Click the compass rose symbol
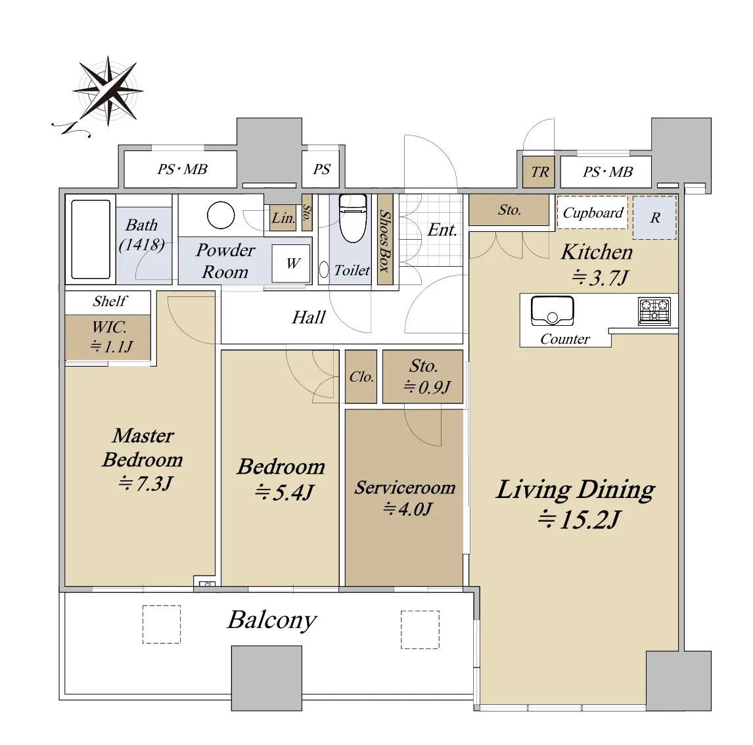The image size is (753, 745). click(108, 91)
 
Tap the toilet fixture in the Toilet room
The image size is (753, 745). click(353, 217)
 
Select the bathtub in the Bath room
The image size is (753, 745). click(91, 240)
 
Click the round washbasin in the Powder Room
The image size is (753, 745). click(221, 215)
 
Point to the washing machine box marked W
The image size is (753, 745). click(291, 263)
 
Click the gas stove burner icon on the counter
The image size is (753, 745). click(654, 311)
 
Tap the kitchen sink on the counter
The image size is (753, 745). click(552, 311)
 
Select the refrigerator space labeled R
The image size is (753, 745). click(654, 217)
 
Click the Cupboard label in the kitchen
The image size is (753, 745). click(593, 212)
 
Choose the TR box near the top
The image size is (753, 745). click(539, 171)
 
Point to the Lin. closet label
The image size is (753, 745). click(283, 218)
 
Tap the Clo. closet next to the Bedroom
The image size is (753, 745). click(361, 377)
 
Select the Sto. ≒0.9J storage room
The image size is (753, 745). click(422, 377)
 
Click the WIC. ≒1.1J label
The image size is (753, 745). click(110, 337)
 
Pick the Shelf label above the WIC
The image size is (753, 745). click(110, 301)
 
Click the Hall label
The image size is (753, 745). click(309, 317)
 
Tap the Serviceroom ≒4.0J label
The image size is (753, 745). click(405, 498)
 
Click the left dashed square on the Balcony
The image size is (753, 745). click(162, 624)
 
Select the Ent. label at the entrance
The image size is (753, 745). click(442, 230)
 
